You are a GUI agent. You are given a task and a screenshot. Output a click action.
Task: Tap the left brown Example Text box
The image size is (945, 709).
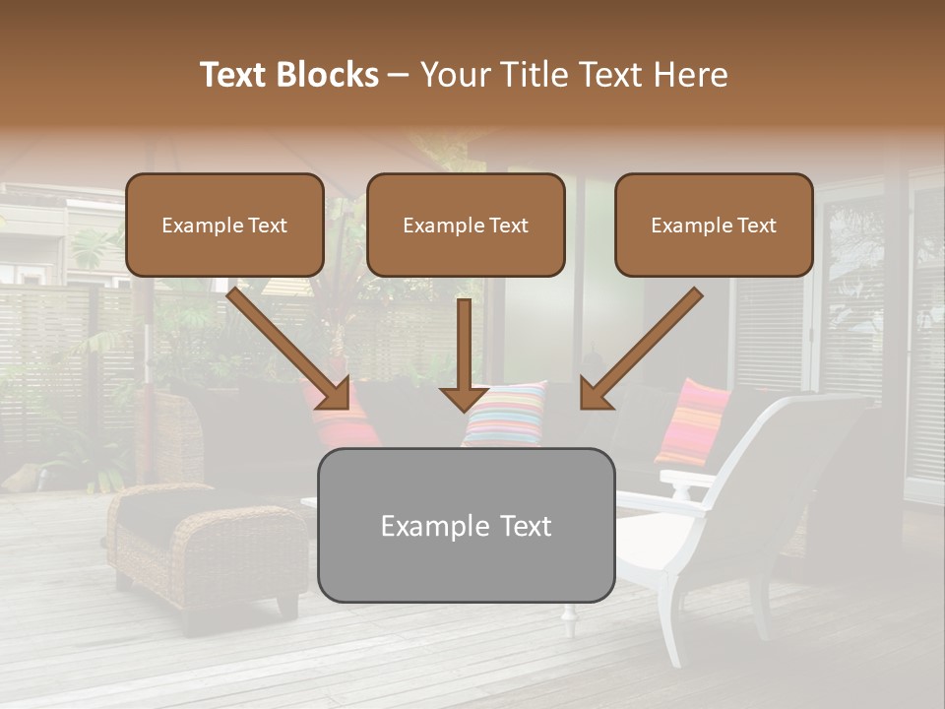point(224,226)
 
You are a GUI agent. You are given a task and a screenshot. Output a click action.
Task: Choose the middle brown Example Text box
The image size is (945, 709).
point(466,226)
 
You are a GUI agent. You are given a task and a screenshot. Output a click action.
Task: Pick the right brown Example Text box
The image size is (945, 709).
point(714,226)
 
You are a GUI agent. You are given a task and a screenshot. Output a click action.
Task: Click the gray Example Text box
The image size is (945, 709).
point(466,525)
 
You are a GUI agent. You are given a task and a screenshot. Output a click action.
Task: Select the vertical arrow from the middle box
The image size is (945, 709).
point(465,354)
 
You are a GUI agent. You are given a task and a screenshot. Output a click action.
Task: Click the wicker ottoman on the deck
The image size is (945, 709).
point(207,547)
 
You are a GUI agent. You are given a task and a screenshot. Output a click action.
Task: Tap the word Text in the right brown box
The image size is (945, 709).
point(755,226)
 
